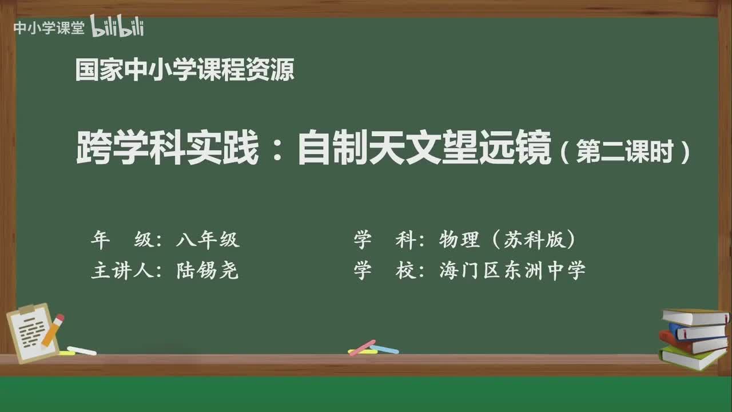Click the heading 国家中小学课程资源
coord(185,70)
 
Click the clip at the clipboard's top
coord(27,310)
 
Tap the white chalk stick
coord(82,350)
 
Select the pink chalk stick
coord(362,347)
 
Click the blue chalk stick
coord(384,349)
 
